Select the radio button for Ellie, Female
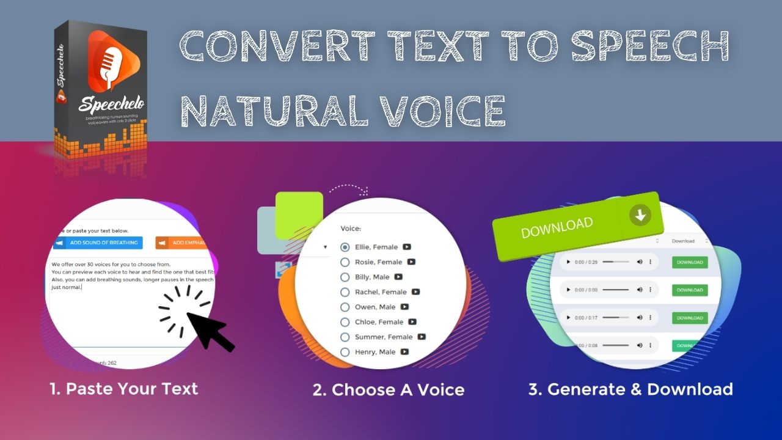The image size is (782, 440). point(345,248)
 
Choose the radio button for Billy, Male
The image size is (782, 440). point(345,277)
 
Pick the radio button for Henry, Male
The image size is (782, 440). point(345,352)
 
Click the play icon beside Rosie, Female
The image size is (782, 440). point(411,262)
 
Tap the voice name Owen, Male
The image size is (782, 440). point(375,307)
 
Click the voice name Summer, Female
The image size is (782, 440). point(384,337)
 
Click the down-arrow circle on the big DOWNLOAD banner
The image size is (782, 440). point(640,215)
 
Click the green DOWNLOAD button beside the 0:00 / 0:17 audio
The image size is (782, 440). point(690,318)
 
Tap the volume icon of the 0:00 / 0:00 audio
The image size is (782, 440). point(640,290)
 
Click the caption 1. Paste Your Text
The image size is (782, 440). point(124,389)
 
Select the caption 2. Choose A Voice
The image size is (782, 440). point(389,390)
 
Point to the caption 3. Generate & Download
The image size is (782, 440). point(630,389)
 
